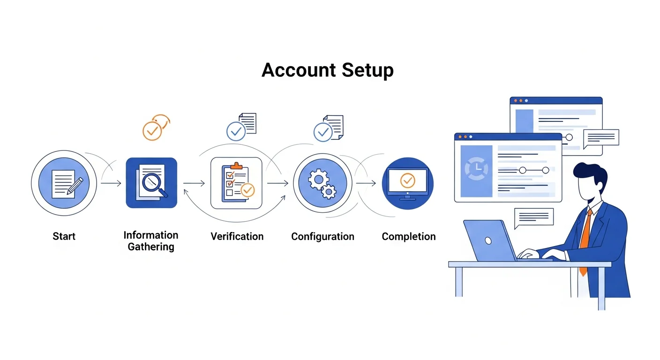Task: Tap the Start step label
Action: [x=64, y=236]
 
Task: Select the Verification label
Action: [x=237, y=236]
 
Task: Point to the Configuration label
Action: [x=322, y=236]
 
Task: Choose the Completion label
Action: [x=408, y=236]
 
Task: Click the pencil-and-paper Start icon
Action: [x=64, y=183]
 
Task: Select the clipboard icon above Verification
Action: [x=236, y=183]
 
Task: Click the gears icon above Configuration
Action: [x=322, y=183]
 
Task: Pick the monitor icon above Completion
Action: [x=407, y=183]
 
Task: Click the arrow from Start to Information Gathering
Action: [x=111, y=183]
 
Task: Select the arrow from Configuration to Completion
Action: [x=366, y=183]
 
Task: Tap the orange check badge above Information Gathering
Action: [x=152, y=130]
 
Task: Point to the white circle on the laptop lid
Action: [x=488, y=240]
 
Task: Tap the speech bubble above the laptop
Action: [x=533, y=217]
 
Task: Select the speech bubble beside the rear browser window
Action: [x=601, y=137]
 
